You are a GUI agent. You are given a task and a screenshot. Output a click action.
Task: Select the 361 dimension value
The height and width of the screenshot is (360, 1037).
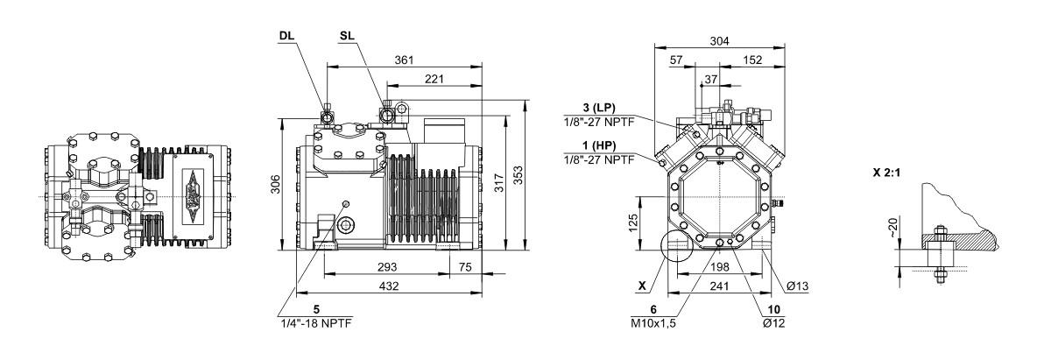pyautogui.click(x=404, y=59)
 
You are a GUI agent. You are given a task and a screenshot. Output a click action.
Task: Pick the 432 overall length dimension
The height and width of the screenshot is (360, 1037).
pyautogui.click(x=390, y=286)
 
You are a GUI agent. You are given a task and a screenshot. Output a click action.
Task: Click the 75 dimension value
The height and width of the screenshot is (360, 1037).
pyautogui.click(x=465, y=267)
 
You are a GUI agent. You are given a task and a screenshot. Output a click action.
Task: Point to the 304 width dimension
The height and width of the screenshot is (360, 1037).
pyautogui.click(x=719, y=40)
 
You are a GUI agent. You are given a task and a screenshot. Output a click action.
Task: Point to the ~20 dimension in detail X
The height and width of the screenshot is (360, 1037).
pyautogui.click(x=893, y=230)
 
